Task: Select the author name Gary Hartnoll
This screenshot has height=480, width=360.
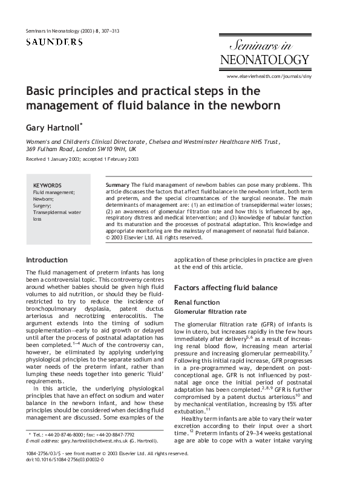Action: click(x=53, y=128)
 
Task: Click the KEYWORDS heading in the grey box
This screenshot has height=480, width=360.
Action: click(x=47, y=185)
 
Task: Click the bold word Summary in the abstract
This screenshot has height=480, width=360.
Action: click(x=117, y=184)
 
